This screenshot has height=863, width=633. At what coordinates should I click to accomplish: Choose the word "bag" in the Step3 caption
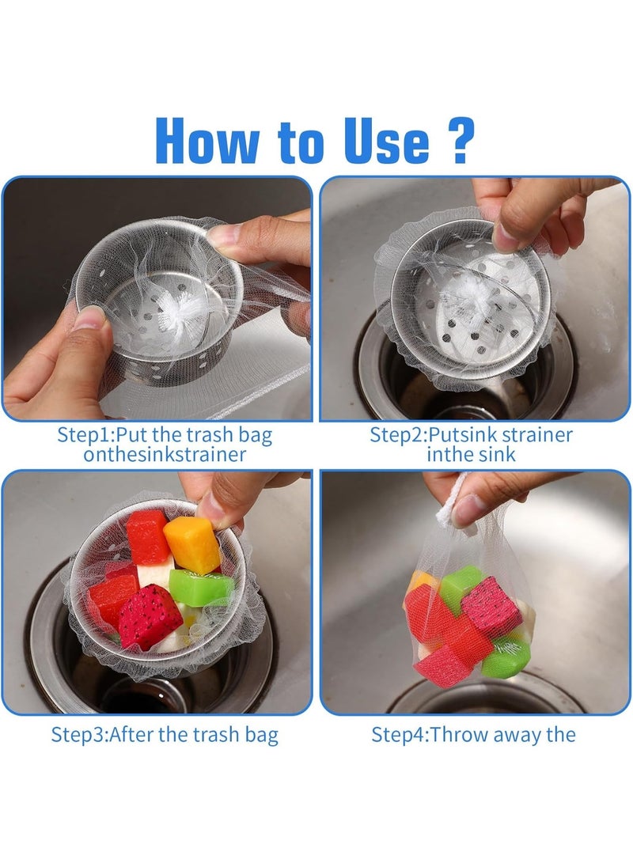tap(260, 735)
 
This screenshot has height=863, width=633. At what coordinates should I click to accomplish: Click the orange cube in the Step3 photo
tap(191, 543)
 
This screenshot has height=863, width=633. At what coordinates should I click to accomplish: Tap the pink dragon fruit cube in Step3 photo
tap(150, 615)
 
